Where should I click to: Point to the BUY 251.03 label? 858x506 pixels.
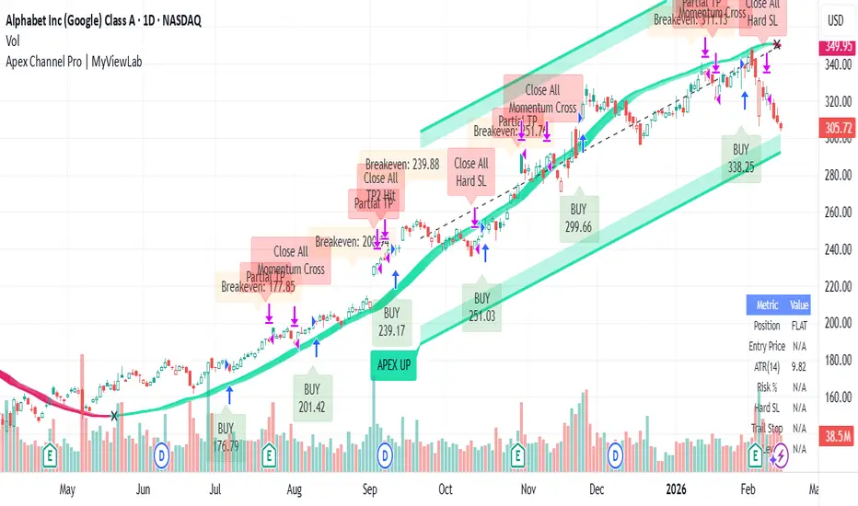click(x=481, y=306)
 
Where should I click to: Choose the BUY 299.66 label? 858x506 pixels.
click(x=578, y=218)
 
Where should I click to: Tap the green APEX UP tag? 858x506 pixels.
click(x=393, y=364)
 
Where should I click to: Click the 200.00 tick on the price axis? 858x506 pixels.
click(x=836, y=323)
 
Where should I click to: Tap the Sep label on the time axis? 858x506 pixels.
click(x=371, y=489)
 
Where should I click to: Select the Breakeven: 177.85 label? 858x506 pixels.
click(x=258, y=286)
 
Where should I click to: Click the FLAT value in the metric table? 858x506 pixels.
click(x=798, y=326)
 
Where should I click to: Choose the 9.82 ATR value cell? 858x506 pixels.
click(x=798, y=367)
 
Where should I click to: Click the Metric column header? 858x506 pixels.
click(x=767, y=305)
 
